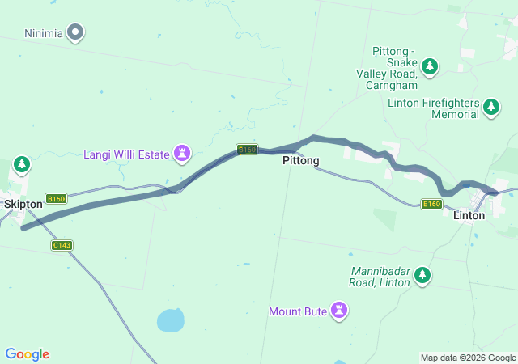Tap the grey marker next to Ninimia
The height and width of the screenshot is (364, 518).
point(76,33)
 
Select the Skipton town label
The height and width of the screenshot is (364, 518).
point(23,205)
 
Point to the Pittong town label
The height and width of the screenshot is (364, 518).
point(300,161)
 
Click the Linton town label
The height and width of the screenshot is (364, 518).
point(469,215)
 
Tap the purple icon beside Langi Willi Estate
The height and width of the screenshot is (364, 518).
point(183,153)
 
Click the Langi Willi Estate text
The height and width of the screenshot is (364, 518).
point(127,154)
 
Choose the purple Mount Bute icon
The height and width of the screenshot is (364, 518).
point(340,310)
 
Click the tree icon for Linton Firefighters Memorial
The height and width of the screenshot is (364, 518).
point(490,106)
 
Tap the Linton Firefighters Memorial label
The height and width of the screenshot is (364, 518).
point(433,109)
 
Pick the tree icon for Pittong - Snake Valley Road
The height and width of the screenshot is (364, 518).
point(431,66)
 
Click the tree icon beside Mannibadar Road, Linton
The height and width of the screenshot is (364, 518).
point(422,277)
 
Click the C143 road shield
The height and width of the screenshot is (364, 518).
point(62,245)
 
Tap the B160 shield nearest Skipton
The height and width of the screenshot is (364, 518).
point(56,199)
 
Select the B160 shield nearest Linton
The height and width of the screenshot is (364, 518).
point(431,205)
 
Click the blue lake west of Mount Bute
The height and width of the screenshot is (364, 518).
point(171,320)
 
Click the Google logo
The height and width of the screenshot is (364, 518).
point(27,354)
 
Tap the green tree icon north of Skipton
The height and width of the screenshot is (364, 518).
point(22,165)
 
